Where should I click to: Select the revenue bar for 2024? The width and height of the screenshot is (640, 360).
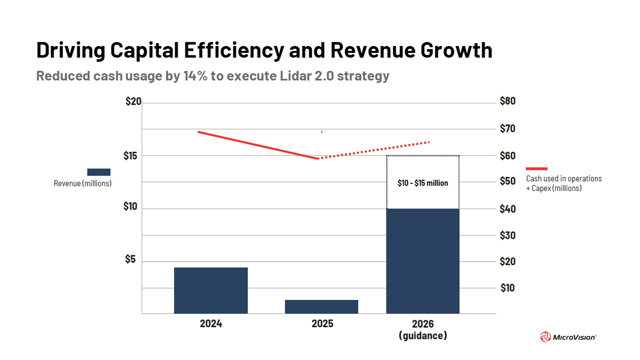tap(210, 290)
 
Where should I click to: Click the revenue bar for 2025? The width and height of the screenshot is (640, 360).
tap(321, 307)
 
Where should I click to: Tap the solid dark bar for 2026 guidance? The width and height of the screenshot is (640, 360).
tap(423, 261)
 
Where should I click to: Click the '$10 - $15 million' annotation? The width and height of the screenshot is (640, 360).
tap(423, 183)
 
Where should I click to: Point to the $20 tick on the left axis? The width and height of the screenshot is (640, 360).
tap(133, 101)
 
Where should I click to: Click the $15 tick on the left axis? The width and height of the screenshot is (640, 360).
tap(130, 156)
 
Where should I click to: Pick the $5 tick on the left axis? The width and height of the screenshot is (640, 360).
tap(130, 259)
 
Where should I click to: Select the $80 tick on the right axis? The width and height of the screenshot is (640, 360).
tap(507, 101)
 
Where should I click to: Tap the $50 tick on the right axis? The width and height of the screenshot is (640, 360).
tap(507, 181)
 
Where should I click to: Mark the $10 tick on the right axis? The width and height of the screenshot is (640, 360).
tap(507, 288)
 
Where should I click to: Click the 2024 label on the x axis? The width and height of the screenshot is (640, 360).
tap(211, 323)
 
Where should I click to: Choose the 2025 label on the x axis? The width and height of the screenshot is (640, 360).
tap(322, 323)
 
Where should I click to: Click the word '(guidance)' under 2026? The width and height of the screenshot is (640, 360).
tap(423, 336)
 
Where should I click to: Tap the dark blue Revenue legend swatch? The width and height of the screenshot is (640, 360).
tap(98, 172)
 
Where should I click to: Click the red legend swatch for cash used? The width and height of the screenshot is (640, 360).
tap(537, 169)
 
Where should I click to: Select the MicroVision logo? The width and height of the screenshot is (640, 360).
tap(568, 337)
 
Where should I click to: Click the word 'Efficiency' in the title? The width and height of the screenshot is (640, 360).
tap(234, 50)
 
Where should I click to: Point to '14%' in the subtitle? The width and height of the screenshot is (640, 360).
tap(195, 76)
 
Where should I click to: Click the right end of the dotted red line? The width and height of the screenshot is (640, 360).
tap(429, 142)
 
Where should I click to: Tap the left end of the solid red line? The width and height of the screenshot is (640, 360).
tap(199, 132)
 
